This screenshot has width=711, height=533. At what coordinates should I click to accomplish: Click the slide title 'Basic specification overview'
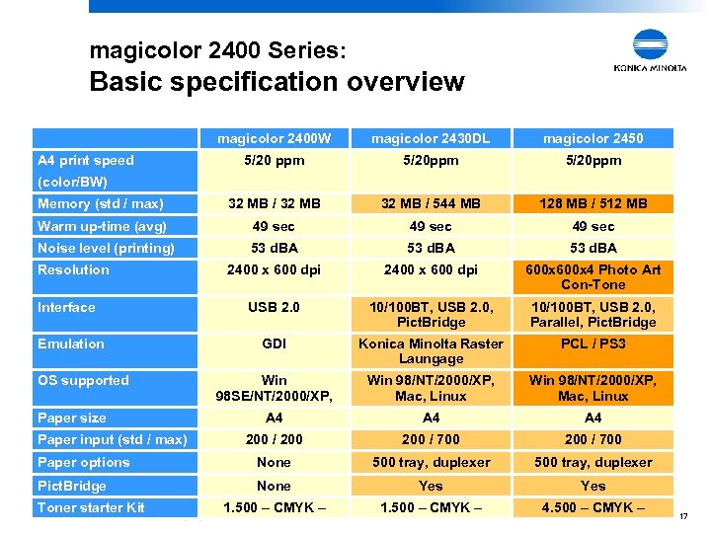click(x=276, y=82)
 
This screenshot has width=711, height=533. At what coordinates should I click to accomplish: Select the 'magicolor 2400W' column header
click(x=275, y=138)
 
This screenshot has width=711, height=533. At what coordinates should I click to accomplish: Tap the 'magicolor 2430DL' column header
click(x=431, y=138)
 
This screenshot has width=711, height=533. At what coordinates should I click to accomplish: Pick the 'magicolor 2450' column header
click(x=592, y=138)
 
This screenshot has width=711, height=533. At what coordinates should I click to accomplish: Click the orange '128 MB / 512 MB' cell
click(x=592, y=203)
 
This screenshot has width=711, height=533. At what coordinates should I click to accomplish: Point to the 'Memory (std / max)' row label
click(x=101, y=203)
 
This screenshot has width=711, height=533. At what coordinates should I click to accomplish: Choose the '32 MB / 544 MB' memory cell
click(x=431, y=203)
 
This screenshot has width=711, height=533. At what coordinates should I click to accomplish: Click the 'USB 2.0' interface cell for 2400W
click(x=275, y=308)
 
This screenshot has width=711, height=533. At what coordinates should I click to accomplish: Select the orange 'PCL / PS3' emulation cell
click(x=592, y=344)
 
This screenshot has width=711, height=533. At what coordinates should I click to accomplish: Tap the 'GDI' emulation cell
click(x=275, y=344)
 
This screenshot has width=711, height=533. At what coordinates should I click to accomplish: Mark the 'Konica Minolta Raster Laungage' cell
click(x=431, y=351)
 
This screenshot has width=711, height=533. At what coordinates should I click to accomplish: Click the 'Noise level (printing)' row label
click(x=106, y=248)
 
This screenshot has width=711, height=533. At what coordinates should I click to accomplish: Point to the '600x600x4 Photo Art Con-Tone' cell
click(x=592, y=277)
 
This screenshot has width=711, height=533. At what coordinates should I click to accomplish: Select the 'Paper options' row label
click(x=84, y=462)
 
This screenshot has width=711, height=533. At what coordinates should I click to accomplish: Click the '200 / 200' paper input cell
click(x=275, y=439)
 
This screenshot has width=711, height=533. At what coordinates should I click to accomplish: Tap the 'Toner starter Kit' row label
click(x=91, y=507)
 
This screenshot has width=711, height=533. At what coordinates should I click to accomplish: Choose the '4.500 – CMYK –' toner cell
click(x=592, y=508)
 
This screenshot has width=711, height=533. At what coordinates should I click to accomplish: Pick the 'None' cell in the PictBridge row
click(x=275, y=486)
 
